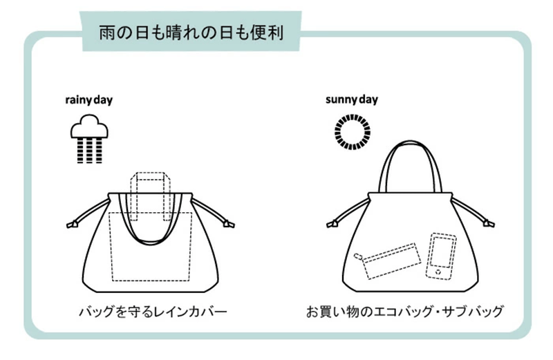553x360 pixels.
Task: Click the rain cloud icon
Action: tap(89, 126)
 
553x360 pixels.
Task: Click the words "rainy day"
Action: tap(89, 100)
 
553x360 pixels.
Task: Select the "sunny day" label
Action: tap(352, 100)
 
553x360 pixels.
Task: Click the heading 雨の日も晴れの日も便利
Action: tap(191, 32)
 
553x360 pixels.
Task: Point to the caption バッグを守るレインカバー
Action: tap(153, 312)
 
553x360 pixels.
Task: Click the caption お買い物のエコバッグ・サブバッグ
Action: tap(404, 312)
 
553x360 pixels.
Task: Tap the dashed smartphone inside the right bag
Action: tap(441, 256)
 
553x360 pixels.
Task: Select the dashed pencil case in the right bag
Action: tap(388, 260)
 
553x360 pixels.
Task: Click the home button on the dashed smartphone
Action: tap(438, 272)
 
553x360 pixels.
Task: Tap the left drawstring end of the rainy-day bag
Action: tap(73, 225)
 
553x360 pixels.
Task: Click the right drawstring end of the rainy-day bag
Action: tap(229, 225)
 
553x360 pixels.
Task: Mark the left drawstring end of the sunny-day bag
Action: tap(332, 224)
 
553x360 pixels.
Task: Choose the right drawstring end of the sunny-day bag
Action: tap(489, 224)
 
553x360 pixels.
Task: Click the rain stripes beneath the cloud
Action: tap(90, 151)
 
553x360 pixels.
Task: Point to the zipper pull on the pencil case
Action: tap(358, 256)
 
